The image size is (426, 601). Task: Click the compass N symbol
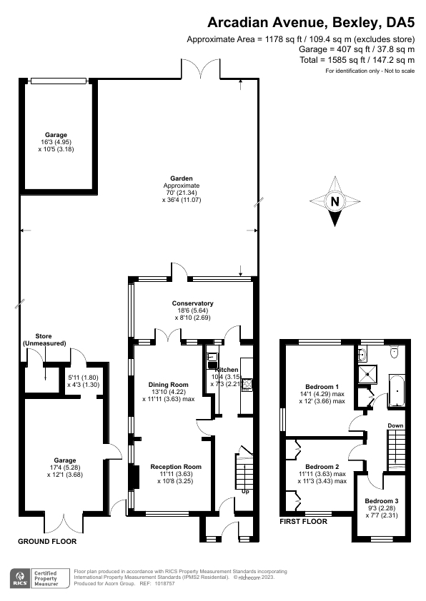[x=335, y=202]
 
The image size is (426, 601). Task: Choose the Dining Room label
[x=166, y=383]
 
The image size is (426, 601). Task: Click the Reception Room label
[x=176, y=467]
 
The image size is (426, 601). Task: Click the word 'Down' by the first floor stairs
[x=395, y=426]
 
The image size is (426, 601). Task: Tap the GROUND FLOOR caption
[x=47, y=542]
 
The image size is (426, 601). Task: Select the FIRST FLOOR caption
[x=303, y=522]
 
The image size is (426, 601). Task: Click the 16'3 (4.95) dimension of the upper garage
[x=56, y=142]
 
